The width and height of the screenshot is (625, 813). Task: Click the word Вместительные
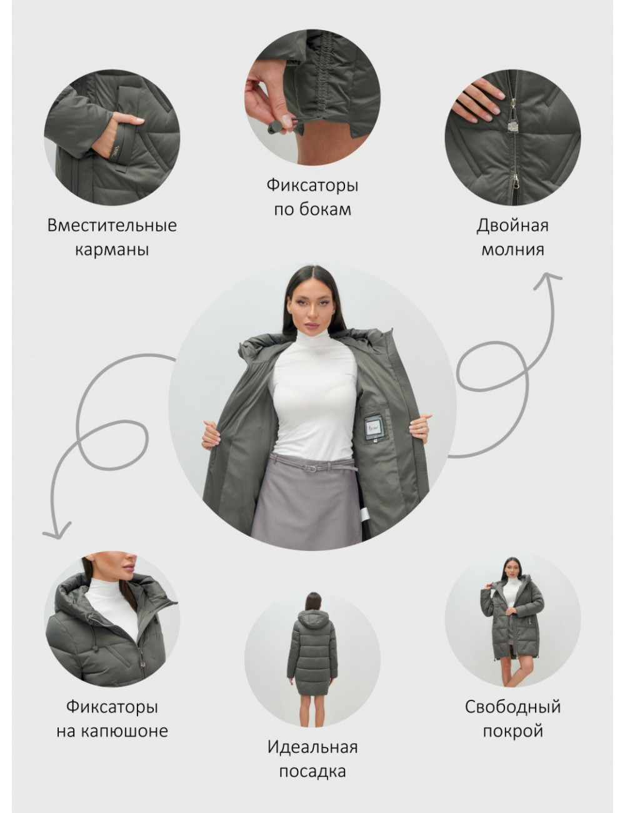(112, 226)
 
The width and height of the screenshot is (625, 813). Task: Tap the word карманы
(112, 250)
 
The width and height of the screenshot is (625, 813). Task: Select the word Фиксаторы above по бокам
(312, 185)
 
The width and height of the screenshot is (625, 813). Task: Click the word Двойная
(512, 226)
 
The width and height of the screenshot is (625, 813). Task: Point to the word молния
(512, 250)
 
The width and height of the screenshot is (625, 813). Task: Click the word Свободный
(512, 707)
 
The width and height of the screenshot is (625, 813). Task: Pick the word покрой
(512, 732)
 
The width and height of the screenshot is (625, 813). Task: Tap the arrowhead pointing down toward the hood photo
(57, 532)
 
